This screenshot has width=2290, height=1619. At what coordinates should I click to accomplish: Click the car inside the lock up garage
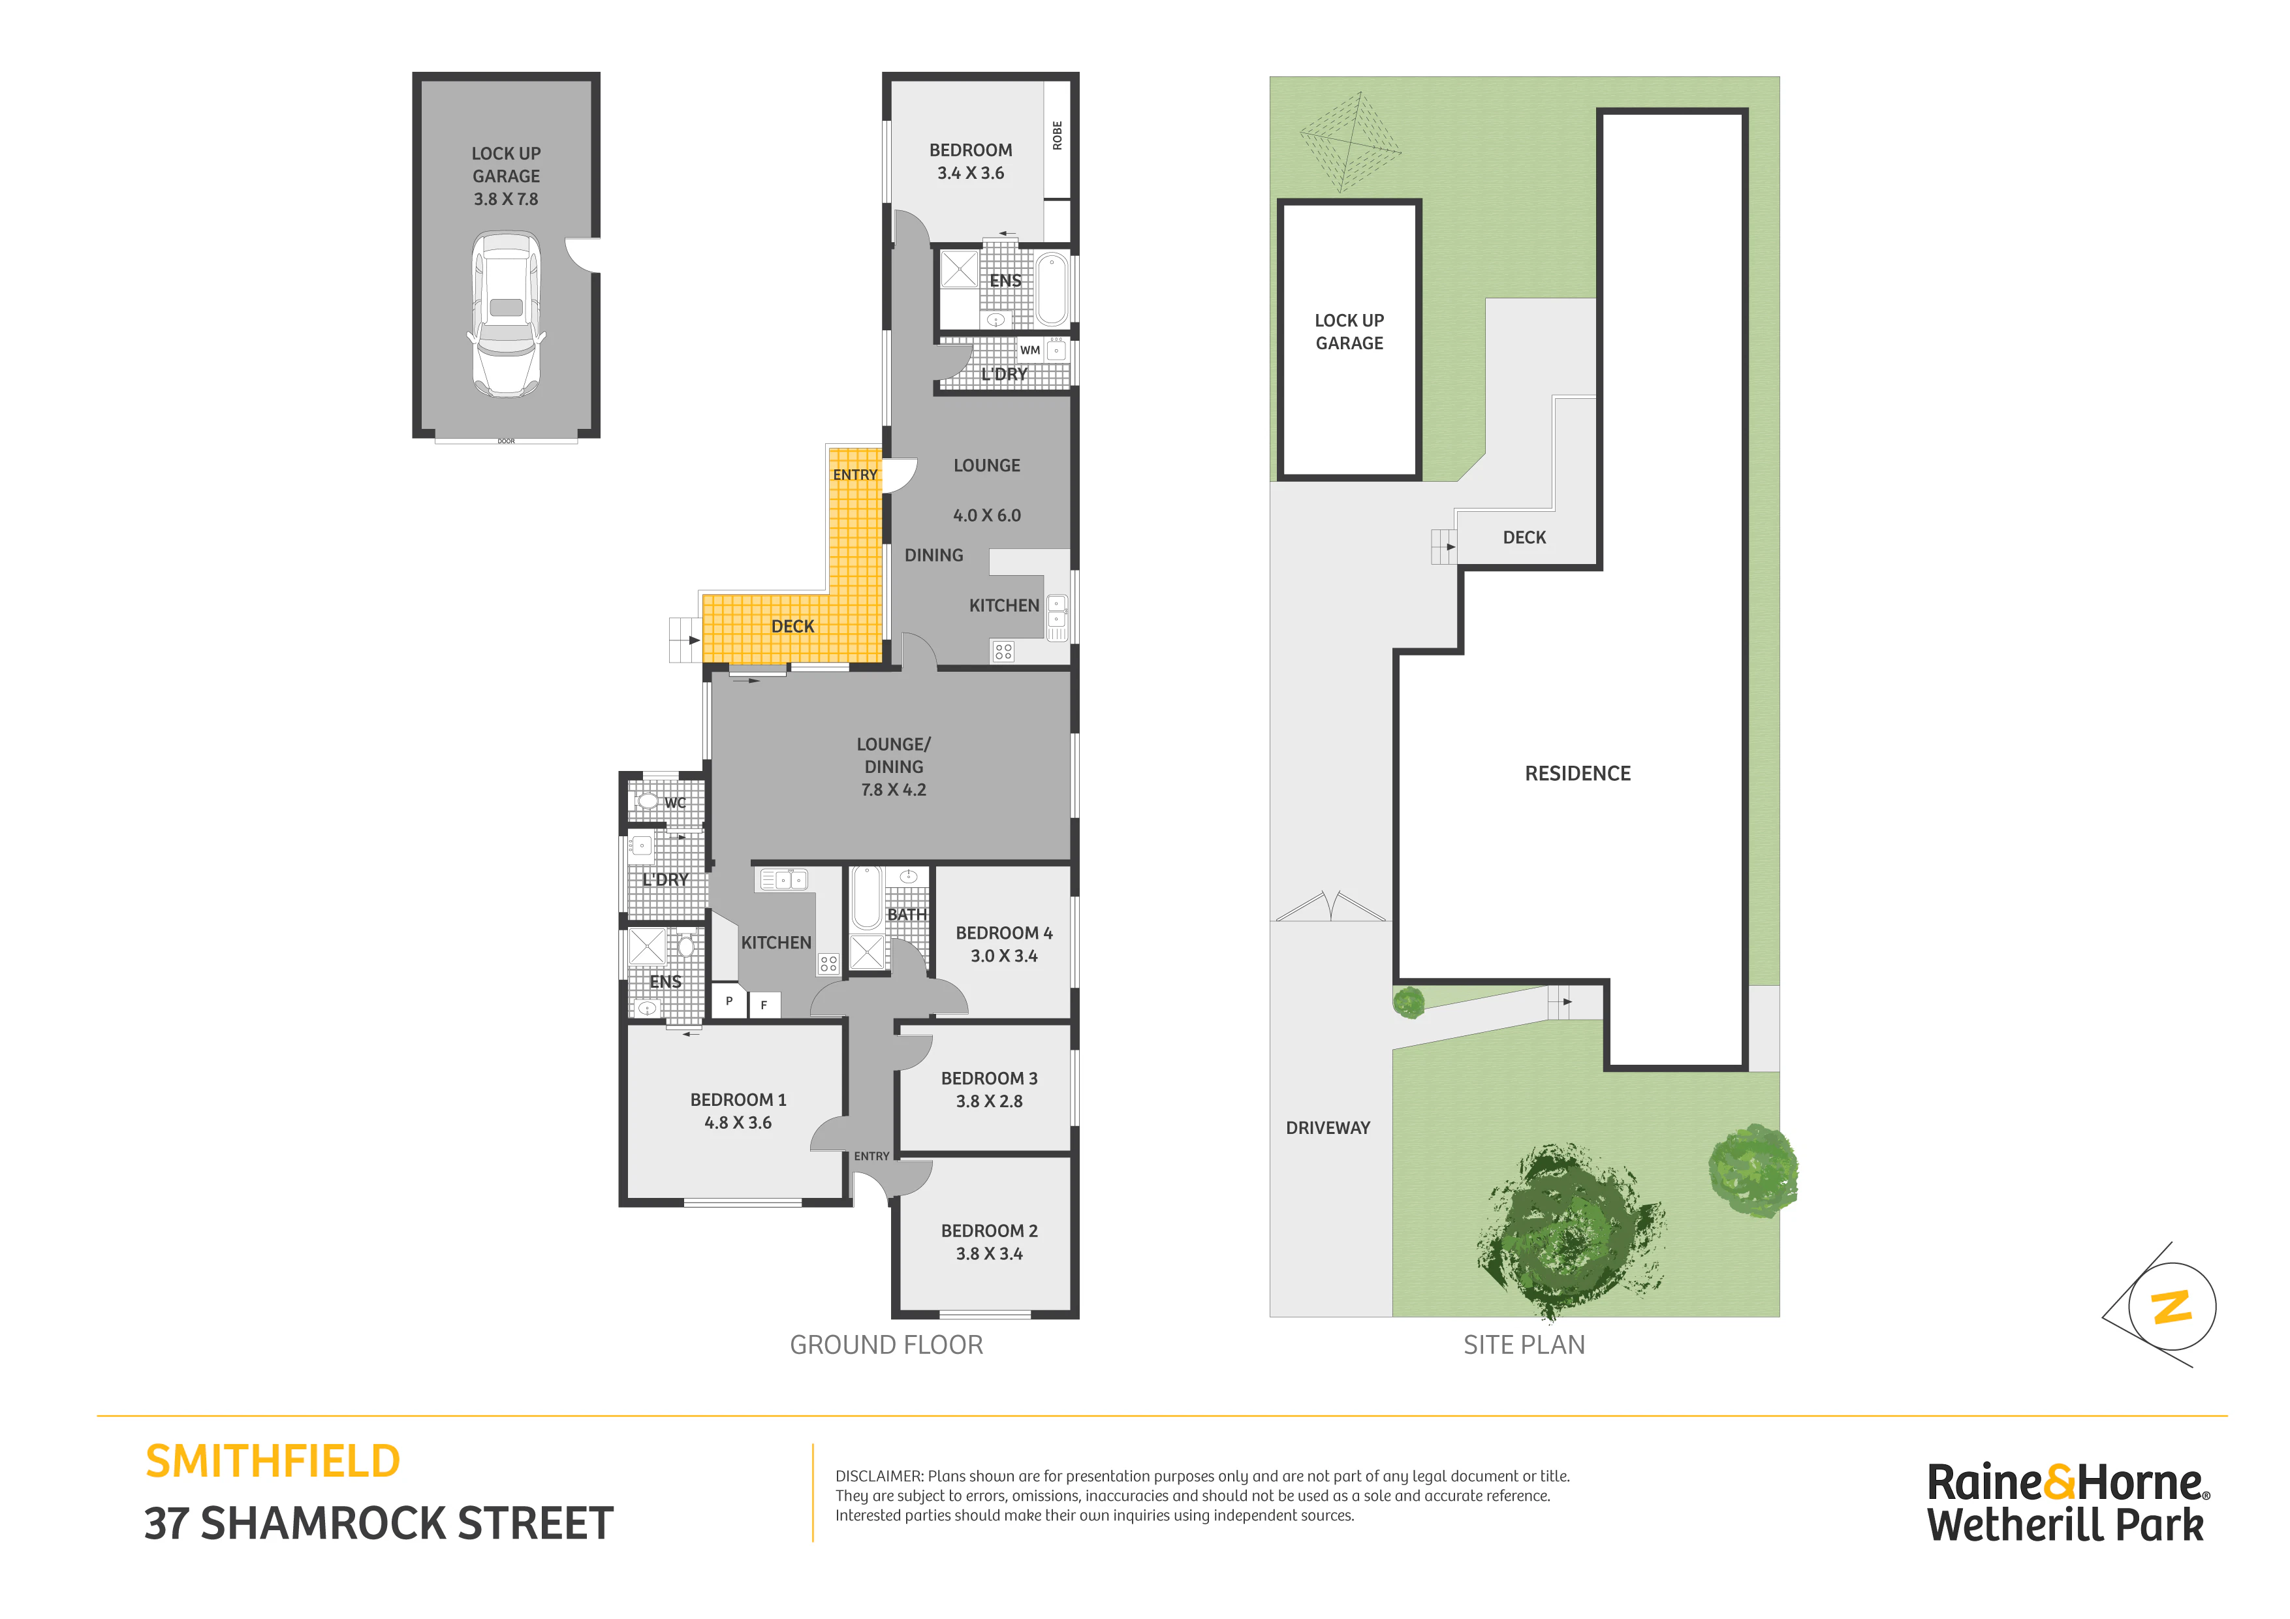pyautogui.click(x=507, y=314)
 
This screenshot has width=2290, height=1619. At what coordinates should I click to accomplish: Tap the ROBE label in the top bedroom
pyautogui.click(x=1058, y=136)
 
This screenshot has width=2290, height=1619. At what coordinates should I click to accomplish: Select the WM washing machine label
pyautogui.click(x=1030, y=350)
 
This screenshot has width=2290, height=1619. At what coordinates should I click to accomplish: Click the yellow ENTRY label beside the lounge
pyautogui.click(x=855, y=475)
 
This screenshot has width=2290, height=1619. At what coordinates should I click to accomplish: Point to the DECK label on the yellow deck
pyautogui.click(x=793, y=627)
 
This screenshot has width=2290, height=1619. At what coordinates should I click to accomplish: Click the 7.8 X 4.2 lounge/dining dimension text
pyautogui.click(x=894, y=790)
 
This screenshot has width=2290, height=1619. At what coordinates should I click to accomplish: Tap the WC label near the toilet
pyautogui.click(x=675, y=803)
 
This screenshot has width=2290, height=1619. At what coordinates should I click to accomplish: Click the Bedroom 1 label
pyautogui.click(x=738, y=1099)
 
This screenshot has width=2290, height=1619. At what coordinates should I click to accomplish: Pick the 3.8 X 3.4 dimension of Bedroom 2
pyautogui.click(x=990, y=1254)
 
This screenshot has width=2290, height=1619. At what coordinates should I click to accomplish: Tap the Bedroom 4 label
pyautogui.click(x=1005, y=933)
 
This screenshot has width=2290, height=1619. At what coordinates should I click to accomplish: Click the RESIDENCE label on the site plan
pyautogui.click(x=1578, y=773)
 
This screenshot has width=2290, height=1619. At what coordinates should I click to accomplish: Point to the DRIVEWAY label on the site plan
pyautogui.click(x=1328, y=1128)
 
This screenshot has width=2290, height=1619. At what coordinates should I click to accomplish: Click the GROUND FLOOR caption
pyautogui.click(x=886, y=1345)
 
